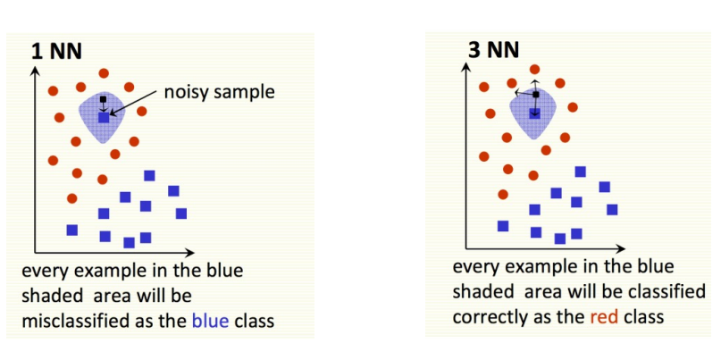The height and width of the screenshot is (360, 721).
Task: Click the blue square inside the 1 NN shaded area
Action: point(104,116)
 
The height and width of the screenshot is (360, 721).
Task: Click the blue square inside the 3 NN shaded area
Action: point(535,113)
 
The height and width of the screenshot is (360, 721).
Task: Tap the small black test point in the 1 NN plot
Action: point(104,98)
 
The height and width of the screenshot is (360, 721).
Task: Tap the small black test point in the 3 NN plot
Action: point(535,94)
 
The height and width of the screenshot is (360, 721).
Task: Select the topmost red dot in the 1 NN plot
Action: point(105,72)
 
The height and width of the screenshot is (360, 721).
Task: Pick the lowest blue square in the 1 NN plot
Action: point(129,242)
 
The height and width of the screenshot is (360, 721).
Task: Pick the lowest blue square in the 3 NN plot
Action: point(560,239)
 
